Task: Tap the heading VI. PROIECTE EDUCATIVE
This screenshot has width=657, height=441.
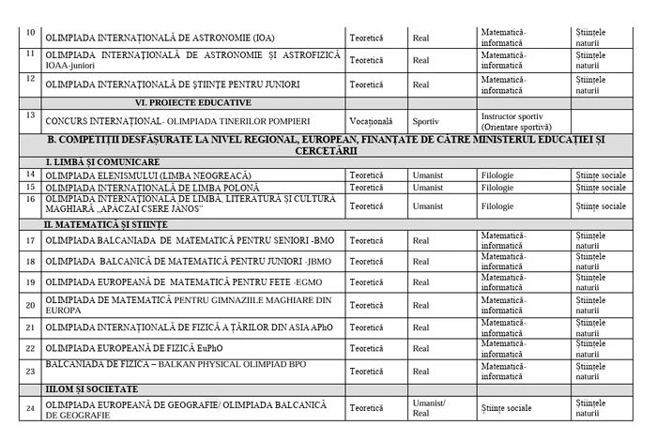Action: tap(193, 102)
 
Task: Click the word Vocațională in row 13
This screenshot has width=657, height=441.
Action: tap(371, 121)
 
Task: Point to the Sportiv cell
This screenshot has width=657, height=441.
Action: tap(426, 121)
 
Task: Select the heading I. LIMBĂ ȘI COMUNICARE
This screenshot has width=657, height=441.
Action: tap(94, 162)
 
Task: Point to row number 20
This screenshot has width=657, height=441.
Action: tap(31, 304)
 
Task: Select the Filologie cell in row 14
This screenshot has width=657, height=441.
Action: tap(497, 175)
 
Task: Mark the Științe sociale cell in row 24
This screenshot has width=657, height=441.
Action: tap(506, 408)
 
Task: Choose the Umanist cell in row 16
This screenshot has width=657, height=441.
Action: tap(427, 205)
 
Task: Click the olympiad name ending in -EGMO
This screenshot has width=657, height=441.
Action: tap(175, 281)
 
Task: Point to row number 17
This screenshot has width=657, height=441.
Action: tap(31, 239)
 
